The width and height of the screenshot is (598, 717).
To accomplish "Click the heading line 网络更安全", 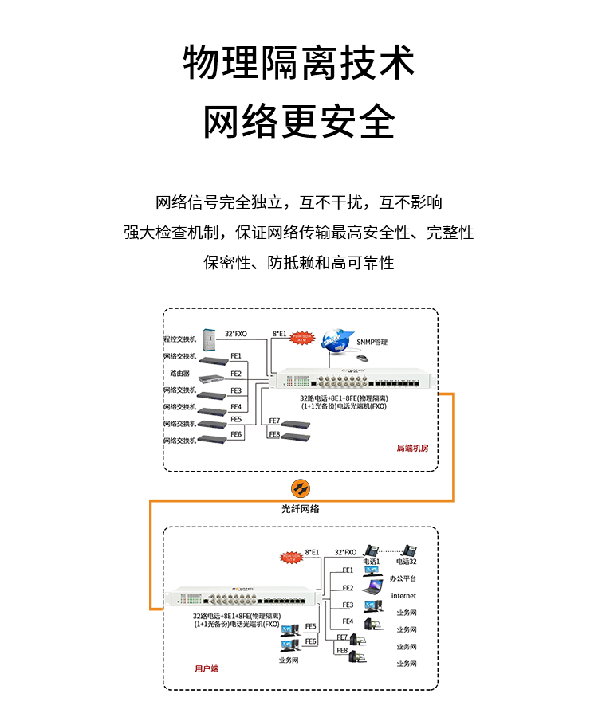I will tap(299, 122).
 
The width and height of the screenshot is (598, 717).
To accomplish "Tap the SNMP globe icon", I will tap(338, 339).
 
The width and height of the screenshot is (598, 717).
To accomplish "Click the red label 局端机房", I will tap(412, 449).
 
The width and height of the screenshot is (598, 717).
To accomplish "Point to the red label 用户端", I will tap(207, 668).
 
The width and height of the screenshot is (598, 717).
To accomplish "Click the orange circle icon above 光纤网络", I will tap(300, 488).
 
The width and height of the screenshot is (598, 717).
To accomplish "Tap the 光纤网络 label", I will tap(300, 508).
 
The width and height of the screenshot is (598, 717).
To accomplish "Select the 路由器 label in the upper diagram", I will tap(179, 373).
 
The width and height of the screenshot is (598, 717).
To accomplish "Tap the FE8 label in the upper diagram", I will tap(274, 434).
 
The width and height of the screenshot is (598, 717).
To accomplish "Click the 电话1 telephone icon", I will tap(372, 550).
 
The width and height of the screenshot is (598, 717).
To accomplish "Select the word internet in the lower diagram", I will tap(403, 596).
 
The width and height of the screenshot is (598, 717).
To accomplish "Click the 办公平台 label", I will tap(403, 578).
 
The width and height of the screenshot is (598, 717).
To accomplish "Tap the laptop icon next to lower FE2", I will tap(372, 590).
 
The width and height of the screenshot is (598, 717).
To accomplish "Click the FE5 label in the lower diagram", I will tap(311, 626).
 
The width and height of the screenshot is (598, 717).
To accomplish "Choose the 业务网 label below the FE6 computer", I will tap(289, 660).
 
